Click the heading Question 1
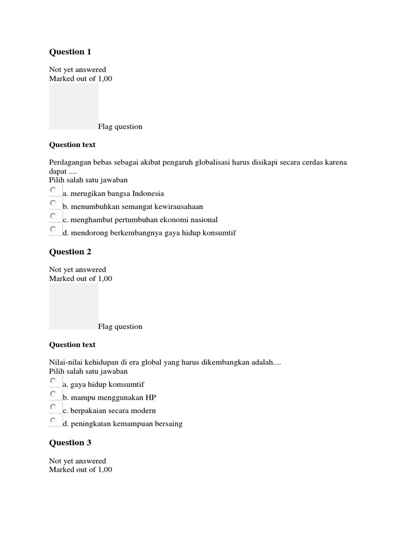pos(70,52)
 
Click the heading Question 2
pos(70,252)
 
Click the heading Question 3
pos(70,443)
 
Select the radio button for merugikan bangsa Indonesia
pos(53,189)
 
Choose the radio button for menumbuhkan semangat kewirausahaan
pos(53,203)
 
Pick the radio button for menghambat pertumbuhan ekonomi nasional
pos(53,216)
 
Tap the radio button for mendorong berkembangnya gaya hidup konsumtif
pos(53,229)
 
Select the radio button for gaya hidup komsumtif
pos(53,381)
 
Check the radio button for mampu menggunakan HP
pos(53,394)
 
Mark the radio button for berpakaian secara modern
pos(53,407)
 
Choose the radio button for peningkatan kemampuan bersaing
pos(53,420)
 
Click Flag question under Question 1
pos(120,127)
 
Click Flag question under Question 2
pos(120,327)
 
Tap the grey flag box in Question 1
pos(73,106)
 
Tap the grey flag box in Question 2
pos(73,306)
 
